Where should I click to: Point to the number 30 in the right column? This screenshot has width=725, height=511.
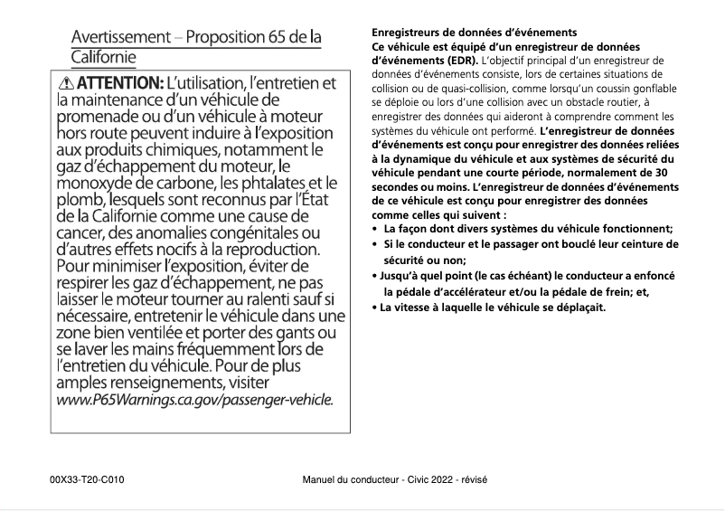point(662,172)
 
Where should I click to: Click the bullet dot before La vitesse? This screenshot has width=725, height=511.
point(375,307)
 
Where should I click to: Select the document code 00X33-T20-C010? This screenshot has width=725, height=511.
point(88,478)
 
